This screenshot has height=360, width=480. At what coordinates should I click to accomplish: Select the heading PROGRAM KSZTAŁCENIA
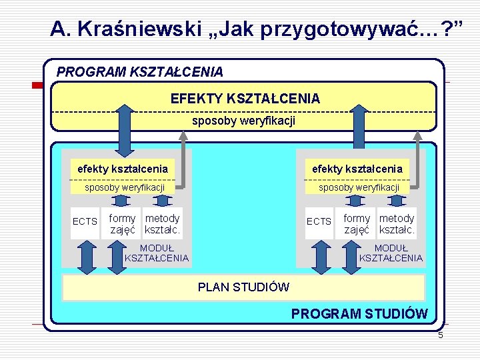[140, 71]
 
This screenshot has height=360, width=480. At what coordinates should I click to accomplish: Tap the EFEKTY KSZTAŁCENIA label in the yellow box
[245, 99]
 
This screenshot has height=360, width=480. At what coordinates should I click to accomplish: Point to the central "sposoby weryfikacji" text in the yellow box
[243, 121]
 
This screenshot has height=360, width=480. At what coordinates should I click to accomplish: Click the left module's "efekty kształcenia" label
[123, 169]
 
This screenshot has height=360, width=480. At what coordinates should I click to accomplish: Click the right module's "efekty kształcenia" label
[357, 169]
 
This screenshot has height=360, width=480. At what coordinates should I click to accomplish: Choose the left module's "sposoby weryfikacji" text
[125, 187]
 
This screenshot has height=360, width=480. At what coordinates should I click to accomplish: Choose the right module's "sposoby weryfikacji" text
[359, 187]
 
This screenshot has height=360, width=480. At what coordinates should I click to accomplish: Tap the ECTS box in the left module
[85, 221]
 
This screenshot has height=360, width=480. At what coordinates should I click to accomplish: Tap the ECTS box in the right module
[319, 221]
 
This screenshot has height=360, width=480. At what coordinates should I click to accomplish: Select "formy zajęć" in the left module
[123, 224]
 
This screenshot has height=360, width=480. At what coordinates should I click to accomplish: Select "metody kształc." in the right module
[397, 224]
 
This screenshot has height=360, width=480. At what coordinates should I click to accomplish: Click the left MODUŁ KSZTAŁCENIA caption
[157, 253]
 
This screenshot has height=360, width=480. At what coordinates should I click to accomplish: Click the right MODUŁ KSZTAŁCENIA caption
[391, 253]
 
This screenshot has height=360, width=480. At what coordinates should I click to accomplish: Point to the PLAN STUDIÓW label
[243, 287]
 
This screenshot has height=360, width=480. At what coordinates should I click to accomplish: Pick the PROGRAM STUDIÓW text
[359, 313]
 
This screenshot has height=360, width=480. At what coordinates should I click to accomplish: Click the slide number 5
[440, 335]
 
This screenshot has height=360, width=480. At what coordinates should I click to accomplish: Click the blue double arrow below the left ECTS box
[85, 256]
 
